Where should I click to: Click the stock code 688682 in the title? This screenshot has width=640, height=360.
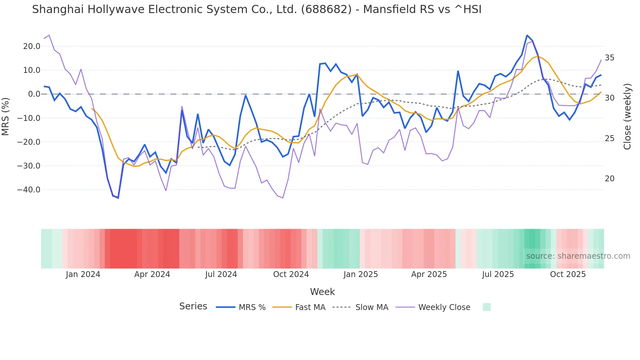pyautogui.click(x=326, y=9)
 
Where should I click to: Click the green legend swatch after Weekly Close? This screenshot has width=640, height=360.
pyautogui.click(x=487, y=307)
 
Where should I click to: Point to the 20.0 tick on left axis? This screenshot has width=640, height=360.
pyautogui.click(x=32, y=46)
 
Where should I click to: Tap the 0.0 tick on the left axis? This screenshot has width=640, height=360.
pyautogui.click(x=34, y=94)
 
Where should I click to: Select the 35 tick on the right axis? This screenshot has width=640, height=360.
pyautogui.click(x=609, y=58)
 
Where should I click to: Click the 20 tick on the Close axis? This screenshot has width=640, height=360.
pyautogui.click(x=609, y=179)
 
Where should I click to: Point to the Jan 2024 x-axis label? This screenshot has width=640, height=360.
pyautogui.click(x=83, y=274)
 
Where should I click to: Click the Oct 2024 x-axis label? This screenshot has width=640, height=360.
pyautogui.click(x=291, y=274)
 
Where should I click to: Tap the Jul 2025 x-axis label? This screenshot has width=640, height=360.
pyautogui.click(x=498, y=274)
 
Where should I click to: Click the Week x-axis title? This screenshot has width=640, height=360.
pyautogui.click(x=322, y=292)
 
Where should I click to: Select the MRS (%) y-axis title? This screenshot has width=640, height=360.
pyautogui.click(x=6, y=116)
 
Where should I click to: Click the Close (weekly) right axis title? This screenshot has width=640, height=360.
pyautogui.click(x=627, y=116)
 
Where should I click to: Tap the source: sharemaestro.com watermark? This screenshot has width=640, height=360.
pyautogui.click(x=578, y=256)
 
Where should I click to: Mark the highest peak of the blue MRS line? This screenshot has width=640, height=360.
pyautogui.click(x=527, y=35)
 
